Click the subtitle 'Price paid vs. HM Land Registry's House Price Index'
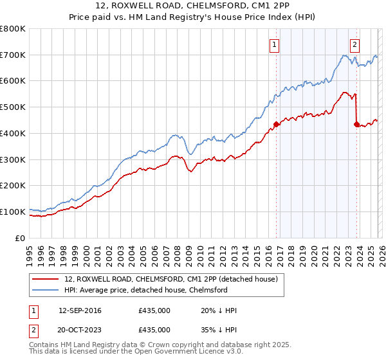tap(193, 17)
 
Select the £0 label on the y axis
tap(21, 238)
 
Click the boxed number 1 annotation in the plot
tap(275, 44)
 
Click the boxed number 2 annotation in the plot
tap(354, 44)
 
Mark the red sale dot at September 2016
tap(276, 124)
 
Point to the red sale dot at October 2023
tap(356, 124)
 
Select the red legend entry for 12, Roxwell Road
tap(170, 279)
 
